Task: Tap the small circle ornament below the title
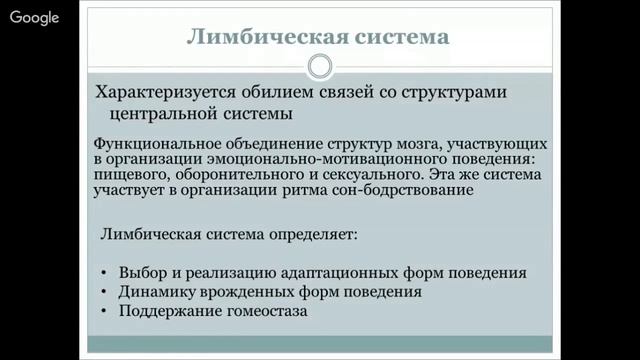319,67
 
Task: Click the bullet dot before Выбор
106,273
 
